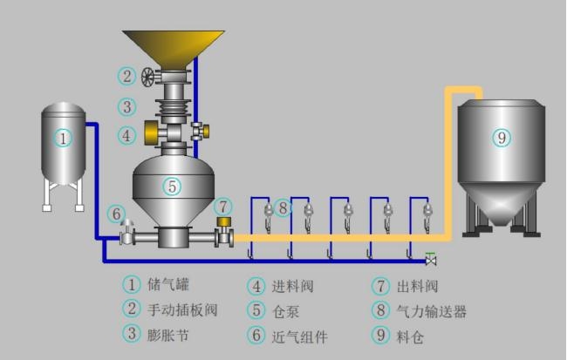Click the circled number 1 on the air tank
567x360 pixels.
pyautogui.click(x=63, y=138)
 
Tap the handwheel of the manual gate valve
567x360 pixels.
pyautogui.click(x=147, y=77)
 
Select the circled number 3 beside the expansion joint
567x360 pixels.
pyautogui.click(x=127, y=107)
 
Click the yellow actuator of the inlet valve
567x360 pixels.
pyautogui.click(x=151, y=132)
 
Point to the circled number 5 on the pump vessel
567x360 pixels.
pyautogui.click(x=172, y=187)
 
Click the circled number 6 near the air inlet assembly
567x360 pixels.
pyautogui.click(x=116, y=214)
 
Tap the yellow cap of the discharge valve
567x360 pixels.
pyautogui.click(x=224, y=221)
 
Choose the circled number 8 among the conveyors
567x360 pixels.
pyautogui.click(x=283, y=207)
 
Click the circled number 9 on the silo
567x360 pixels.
pyautogui.click(x=502, y=138)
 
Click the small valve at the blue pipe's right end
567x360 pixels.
pyautogui.click(x=431, y=260)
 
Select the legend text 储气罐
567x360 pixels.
pyautogui.click(x=168, y=284)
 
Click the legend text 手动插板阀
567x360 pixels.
pyautogui.click(x=182, y=309)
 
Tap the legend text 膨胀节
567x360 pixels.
pyautogui.click(x=168, y=335)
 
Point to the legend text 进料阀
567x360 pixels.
pyautogui.click(x=292, y=286)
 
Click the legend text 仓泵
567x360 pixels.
pyautogui.click(x=285, y=311)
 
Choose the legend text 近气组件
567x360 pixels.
pyautogui.click(x=300, y=336)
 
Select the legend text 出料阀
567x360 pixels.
pyautogui.click(x=417, y=286)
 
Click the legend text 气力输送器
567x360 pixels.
pyautogui.click(x=432, y=311)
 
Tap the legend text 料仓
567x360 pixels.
pyautogui.click(x=410, y=336)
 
